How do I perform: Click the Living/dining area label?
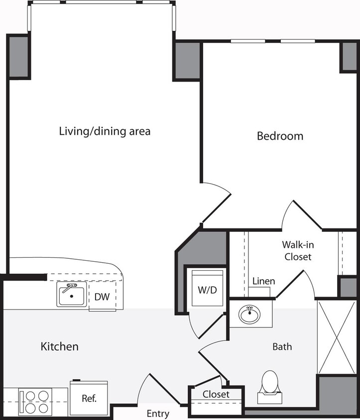pos(105,132)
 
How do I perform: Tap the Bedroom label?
pos(280,136)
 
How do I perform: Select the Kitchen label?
pos(59,346)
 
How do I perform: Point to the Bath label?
pos(282,346)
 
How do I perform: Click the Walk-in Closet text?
pos(297,251)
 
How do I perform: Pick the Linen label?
pos(263,281)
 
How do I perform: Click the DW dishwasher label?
pos(102,298)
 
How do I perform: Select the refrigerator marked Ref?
pos(89,398)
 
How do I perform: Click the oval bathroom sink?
pos(249,315)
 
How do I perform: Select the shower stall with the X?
pos(337,337)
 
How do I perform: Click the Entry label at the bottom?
pos(158,414)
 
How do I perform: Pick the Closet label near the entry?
pos(216,394)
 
